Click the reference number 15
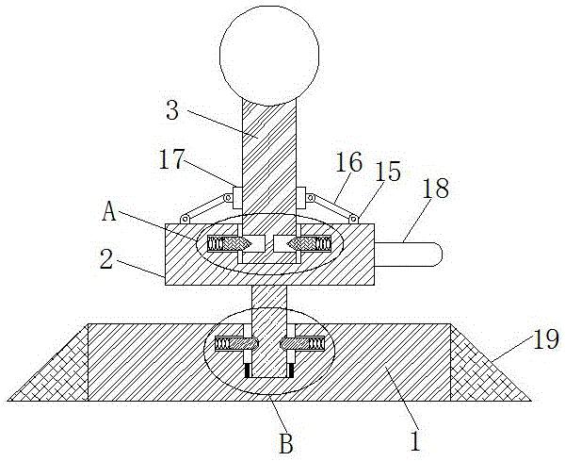(387, 172)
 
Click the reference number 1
(411, 437)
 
